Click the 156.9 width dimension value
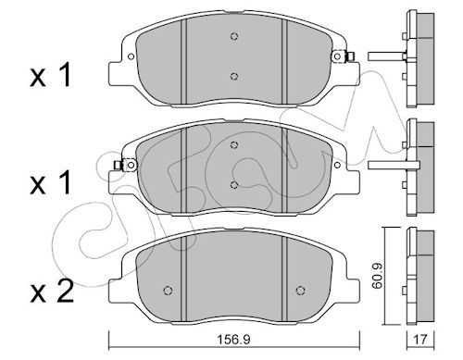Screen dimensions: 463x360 click(x=234, y=340)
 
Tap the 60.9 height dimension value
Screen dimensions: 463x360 click(x=377, y=276)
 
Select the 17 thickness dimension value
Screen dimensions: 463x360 click(x=420, y=340)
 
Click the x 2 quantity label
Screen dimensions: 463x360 click(x=52, y=291)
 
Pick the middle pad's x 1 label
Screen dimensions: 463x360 click(x=51, y=182)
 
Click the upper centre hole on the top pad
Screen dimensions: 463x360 click(x=234, y=36)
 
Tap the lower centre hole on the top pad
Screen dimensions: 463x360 click(x=234, y=76)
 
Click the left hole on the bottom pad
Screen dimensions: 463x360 click(x=168, y=291)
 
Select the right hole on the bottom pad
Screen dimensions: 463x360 click(x=300, y=291)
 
